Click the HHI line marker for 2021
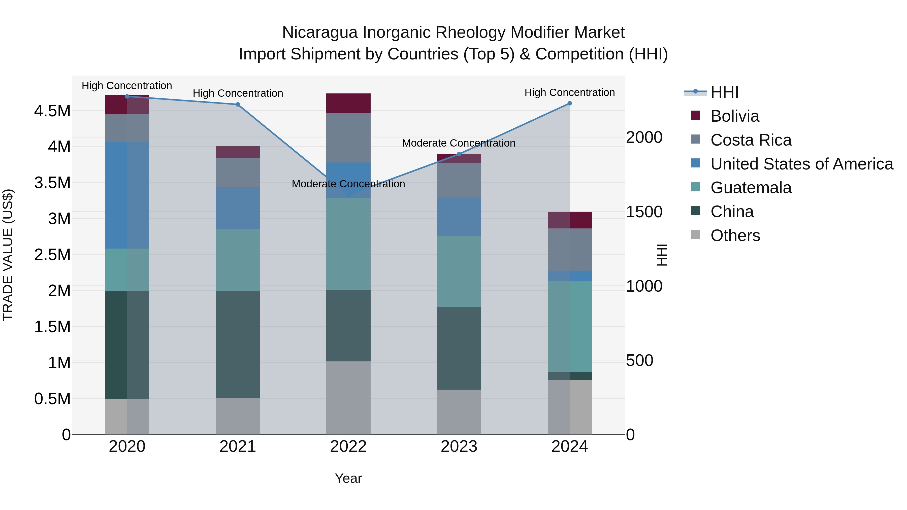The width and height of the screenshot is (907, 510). tap(238, 105)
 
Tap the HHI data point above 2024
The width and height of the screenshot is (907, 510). tap(570, 104)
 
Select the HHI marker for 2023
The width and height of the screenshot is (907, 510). tap(459, 154)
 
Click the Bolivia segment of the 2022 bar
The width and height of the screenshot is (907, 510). tap(348, 103)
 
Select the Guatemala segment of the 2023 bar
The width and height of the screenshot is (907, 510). tap(459, 272)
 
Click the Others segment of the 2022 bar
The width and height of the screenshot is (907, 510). tap(348, 398)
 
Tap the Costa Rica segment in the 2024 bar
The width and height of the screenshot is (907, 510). tap(570, 250)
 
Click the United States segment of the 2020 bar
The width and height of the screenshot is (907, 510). tap(127, 195)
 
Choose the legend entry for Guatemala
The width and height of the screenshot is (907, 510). tap(751, 188)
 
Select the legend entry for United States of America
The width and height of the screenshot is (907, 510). tap(801, 164)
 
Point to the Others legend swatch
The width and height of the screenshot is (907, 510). tap(695, 235)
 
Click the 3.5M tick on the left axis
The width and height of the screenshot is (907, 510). tap(52, 183)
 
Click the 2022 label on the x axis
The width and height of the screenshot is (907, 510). tap(348, 447)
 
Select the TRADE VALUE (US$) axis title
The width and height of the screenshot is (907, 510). tap(8, 255)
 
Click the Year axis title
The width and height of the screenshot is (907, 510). tap(348, 478)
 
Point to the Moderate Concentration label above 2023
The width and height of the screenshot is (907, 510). tap(459, 143)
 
